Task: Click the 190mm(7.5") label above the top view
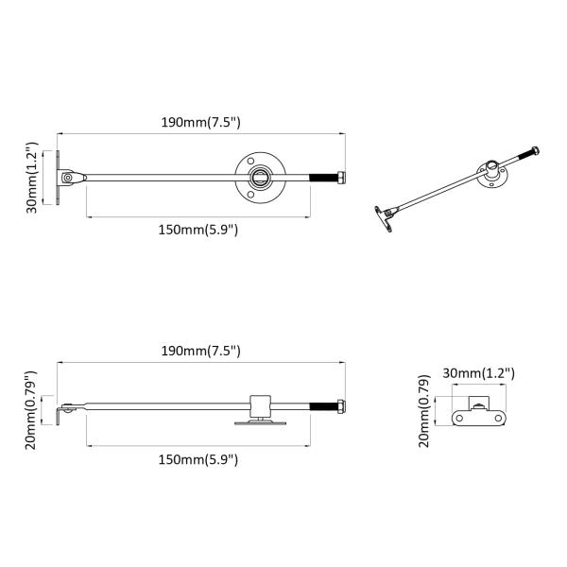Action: click(201, 121)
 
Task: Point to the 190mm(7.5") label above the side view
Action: click(201, 351)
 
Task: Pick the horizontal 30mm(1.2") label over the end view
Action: click(478, 373)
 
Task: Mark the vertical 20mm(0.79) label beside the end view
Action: click(426, 411)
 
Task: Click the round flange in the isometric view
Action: click(493, 175)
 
